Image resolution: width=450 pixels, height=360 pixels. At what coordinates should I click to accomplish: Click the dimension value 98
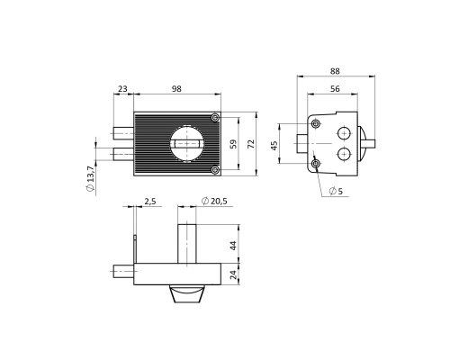(176, 89)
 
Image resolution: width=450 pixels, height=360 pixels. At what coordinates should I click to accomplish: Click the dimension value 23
(122, 89)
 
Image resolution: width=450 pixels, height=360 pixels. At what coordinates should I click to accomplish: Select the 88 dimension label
(335, 71)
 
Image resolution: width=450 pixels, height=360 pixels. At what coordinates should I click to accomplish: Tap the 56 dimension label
(335, 89)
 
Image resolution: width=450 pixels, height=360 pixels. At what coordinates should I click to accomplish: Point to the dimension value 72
(251, 144)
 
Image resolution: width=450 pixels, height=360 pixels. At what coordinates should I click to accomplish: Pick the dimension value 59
(234, 144)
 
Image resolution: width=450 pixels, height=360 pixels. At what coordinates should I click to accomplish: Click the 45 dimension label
(274, 146)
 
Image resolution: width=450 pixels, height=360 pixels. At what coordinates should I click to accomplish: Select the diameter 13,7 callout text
(90, 178)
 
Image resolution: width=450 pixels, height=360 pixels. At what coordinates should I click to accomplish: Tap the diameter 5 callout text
(336, 191)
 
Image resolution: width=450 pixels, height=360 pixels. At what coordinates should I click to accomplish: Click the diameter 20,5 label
(214, 201)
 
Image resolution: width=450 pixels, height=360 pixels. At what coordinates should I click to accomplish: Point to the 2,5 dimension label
(150, 201)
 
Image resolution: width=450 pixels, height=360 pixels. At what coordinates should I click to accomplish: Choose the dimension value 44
(234, 245)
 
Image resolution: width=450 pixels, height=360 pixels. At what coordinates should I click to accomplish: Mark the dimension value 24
(234, 274)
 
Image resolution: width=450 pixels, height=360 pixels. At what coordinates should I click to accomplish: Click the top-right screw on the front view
(215, 118)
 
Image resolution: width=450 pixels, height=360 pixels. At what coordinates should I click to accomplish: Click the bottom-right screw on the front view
(215, 170)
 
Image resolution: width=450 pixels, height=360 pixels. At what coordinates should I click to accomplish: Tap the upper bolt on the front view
(123, 133)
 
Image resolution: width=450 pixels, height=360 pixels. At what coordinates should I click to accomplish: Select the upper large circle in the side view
(344, 133)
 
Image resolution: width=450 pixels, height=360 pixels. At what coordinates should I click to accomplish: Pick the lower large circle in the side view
(344, 155)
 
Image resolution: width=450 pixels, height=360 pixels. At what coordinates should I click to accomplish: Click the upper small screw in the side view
(315, 123)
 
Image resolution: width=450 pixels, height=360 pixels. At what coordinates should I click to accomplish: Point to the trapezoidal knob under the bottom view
(187, 294)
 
